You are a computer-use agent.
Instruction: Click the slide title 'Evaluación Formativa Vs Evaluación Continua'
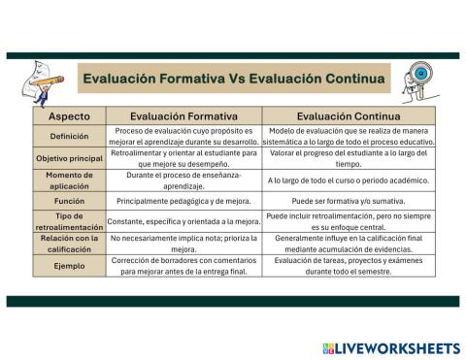[x=233, y=78]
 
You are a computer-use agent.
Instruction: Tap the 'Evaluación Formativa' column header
[x=183, y=115]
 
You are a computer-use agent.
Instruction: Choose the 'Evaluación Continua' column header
[x=348, y=115]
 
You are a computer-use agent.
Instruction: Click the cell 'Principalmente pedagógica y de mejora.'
[x=183, y=201]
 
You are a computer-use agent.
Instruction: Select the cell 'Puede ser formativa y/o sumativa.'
[x=348, y=201]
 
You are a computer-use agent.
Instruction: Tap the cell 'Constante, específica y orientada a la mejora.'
[x=183, y=222]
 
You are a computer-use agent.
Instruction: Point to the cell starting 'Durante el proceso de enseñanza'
[x=183, y=180]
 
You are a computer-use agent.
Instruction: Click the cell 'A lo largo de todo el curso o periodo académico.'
[x=348, y=180]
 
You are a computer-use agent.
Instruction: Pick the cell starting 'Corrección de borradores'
[x=183, y=265]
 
